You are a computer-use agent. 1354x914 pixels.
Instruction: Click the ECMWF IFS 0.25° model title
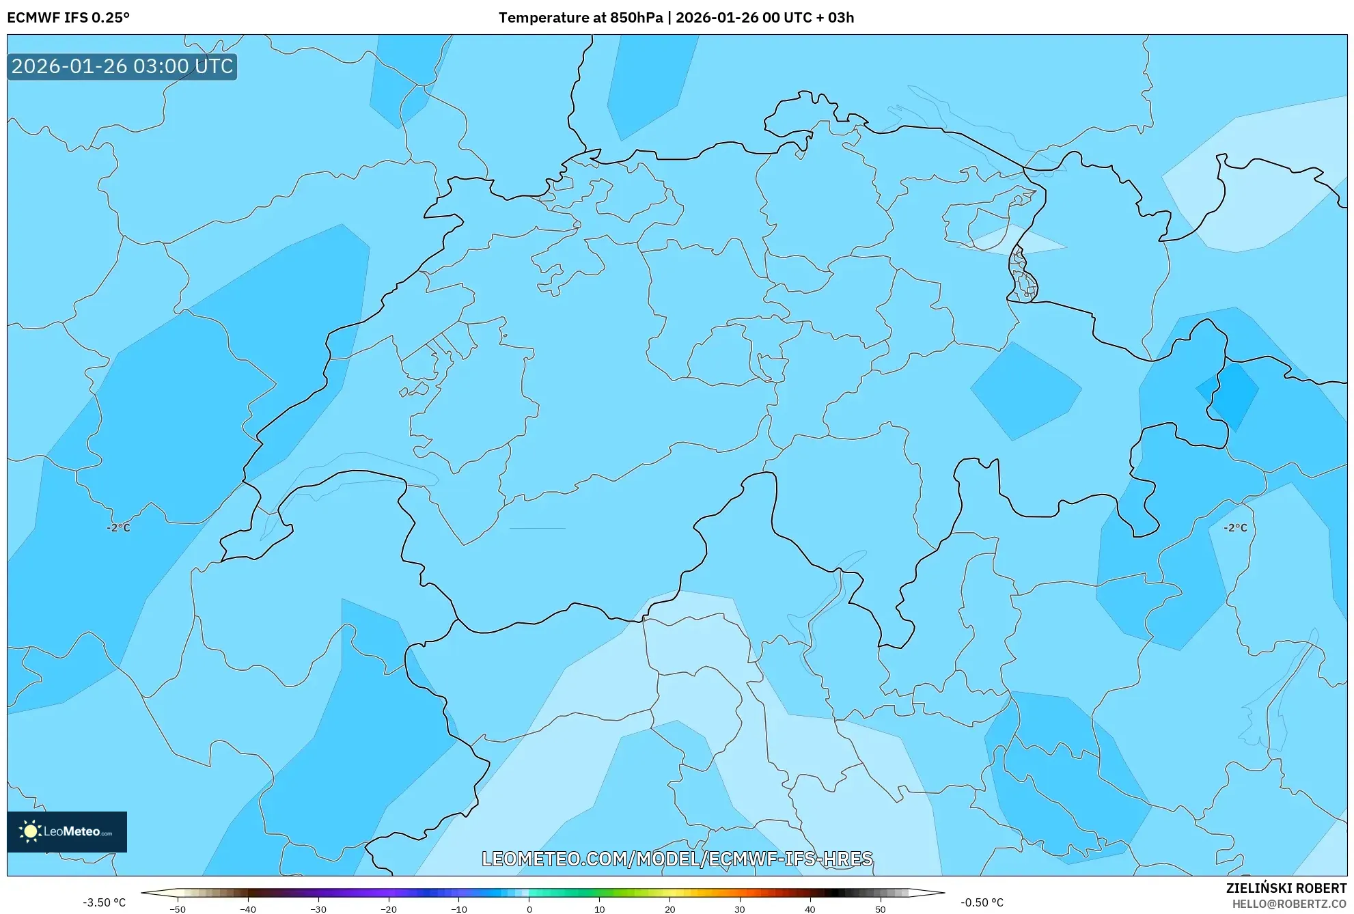[68, 18]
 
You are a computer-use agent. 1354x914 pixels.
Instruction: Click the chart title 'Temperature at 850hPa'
[580, 18]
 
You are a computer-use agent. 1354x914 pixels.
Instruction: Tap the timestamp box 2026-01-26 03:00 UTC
[122, 67]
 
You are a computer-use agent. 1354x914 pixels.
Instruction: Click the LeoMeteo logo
[67, 831]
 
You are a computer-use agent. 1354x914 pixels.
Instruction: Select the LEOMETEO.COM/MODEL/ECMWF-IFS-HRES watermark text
[677, 859]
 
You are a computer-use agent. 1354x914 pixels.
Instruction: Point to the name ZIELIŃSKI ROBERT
[1286, 888]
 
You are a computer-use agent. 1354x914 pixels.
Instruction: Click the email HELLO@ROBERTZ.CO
[1288, 904]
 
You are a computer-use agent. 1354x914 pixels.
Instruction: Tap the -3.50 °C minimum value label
[105, 902]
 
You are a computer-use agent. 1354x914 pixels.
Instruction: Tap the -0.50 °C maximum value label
[982, 902]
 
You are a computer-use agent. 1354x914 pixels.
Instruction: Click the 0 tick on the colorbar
[529, 909]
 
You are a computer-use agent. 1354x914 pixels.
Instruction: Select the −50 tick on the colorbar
[178, 909]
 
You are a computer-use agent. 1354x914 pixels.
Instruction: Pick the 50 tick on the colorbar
[881, 909]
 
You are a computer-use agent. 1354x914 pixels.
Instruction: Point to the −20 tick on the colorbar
[388, 909]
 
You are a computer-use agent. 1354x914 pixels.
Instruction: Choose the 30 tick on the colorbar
[740, 909]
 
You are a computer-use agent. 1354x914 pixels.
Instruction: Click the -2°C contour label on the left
[118, 528]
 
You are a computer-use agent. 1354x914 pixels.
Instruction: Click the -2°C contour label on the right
[1235, 528]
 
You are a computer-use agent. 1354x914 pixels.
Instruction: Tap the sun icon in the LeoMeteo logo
[30, 831]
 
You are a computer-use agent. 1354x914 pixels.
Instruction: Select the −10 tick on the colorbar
[458, 909]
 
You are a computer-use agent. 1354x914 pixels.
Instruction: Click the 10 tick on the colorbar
[599, 909]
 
